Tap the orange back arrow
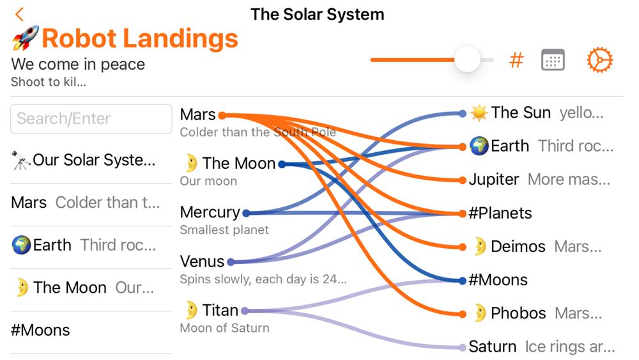click(x=20, y=14)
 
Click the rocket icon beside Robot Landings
click(x=26, y=38)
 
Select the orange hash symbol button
click(x=516, y=60)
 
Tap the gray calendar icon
click(x=553, y=60)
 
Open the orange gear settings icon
click(x=599, y=60)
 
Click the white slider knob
click(x=467, y=59)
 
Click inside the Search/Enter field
click(x=91, y=119)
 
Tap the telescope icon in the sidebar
click(x=21, y=160)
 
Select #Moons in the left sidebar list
click(x=40, y=330)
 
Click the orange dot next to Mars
click(x=222, y=115)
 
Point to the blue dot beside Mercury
click(x=246, y=213)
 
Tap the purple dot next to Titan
click(x=245, y=311)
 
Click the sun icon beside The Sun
click(x=479, y=113)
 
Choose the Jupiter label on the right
click(x=494, y=180)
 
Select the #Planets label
click(x=500, y=213)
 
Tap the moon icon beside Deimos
click(x=481, y=246)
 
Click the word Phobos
click(x=518, y=313)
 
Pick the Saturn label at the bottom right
click(x=493, y=347)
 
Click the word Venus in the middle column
click(x=202, y=262)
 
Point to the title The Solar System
click(x=318, y=14)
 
